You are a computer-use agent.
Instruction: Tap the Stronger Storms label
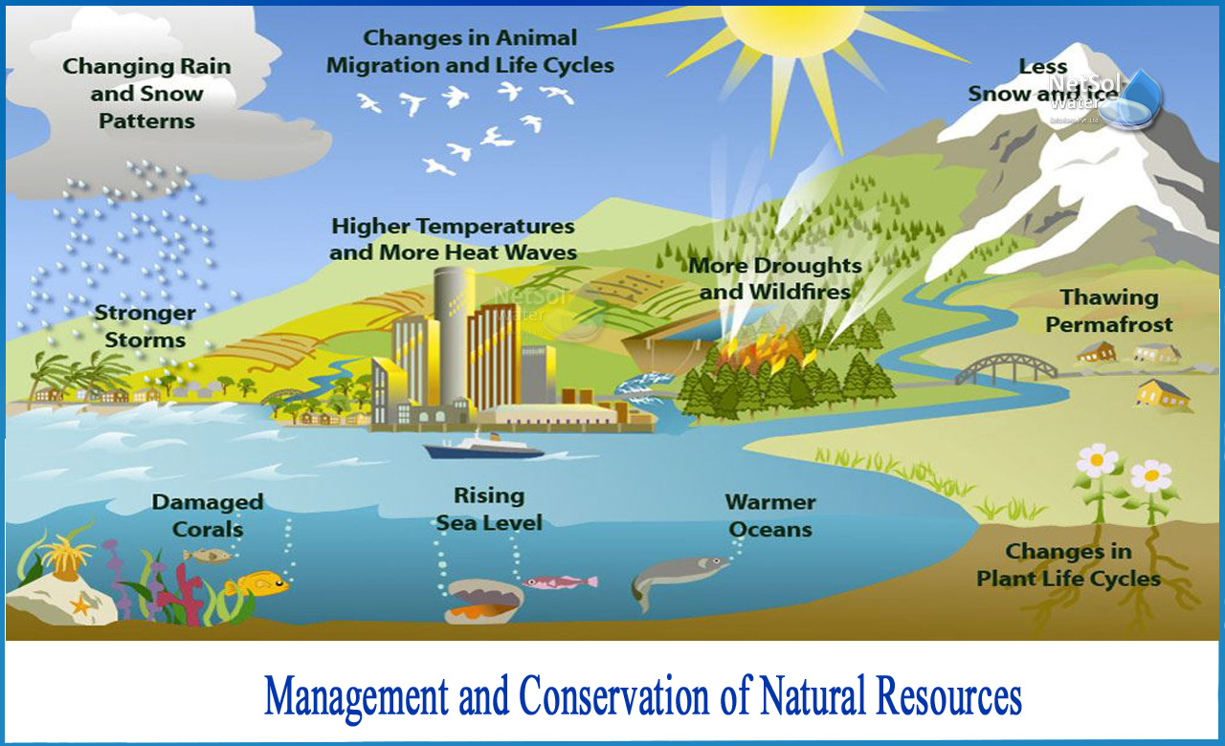coord(145,326)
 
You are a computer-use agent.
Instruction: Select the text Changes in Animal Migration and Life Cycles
coord(470,52)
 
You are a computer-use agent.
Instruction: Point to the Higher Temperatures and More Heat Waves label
coord(453,239)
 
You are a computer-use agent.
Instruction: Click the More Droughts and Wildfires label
coord(774,278)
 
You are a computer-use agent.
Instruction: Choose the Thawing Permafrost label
coord(1108,312)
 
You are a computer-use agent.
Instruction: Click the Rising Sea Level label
coord(489,509)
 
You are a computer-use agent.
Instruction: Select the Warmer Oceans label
coord(769,516)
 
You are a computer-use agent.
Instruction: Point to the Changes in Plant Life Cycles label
coord(1068,565)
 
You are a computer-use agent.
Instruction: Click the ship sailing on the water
coord(484,446)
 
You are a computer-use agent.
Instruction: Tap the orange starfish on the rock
coord(79,604)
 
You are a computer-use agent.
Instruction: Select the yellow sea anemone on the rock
coord(68,555)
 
